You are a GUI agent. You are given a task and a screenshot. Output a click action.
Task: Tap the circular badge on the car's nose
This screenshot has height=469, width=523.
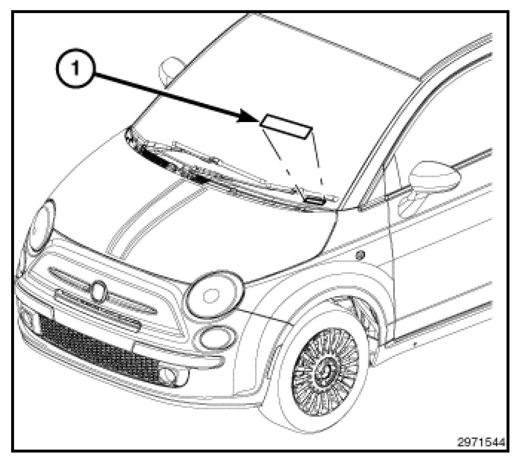pyautogui.click(x=99, y=291)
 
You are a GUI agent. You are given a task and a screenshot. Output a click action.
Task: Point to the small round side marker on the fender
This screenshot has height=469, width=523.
pyautogui.click(x=359, y=254)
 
